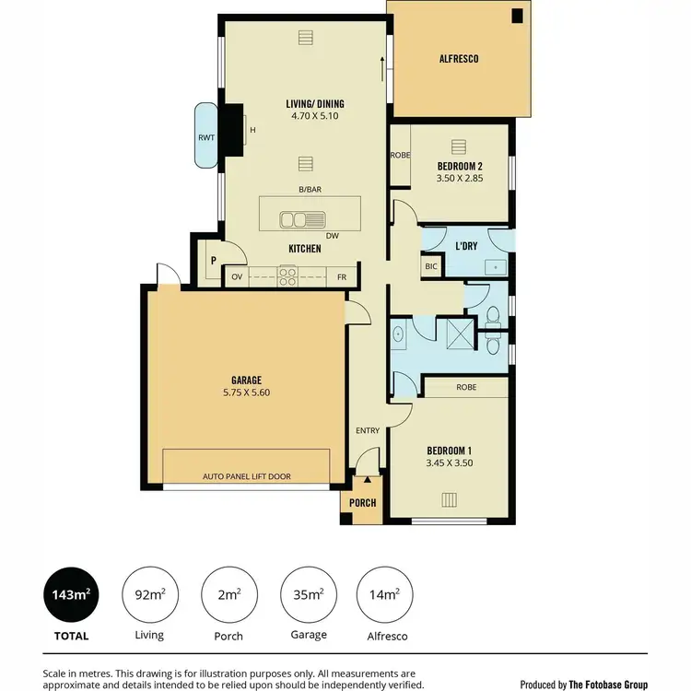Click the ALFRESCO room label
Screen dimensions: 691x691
pos(458,59)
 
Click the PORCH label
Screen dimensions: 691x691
pos(363,503)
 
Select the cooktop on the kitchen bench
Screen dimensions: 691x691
pos(287,273)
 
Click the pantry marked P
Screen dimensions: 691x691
pos(213,261)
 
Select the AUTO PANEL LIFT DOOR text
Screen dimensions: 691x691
pos(246,476)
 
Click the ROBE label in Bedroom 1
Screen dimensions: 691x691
pos(466,388)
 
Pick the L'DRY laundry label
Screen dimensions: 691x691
pos(465,245)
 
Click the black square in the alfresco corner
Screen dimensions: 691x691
pos(518,15)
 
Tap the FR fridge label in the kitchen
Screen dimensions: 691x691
pos(341,276)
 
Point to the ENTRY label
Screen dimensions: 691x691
pos(367,430)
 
